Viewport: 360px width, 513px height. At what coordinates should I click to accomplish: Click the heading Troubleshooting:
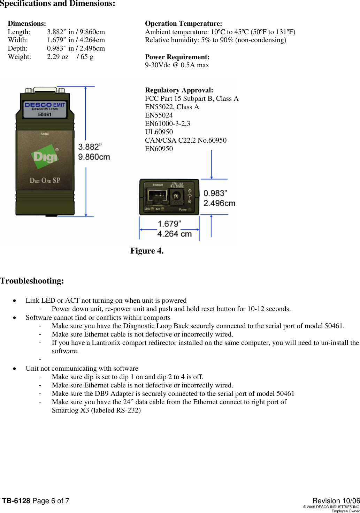click(32, 281)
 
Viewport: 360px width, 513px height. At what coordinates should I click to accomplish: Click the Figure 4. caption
click(147, 251)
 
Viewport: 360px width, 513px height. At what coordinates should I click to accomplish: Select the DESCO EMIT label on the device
click(45, 105)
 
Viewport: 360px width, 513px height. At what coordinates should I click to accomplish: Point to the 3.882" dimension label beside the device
click(90, 147)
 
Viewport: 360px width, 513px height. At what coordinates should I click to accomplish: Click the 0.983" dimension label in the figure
click(215, 193)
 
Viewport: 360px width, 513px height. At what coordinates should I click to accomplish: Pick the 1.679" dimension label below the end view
click(169, 224)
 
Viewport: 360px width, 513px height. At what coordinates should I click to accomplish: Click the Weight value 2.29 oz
click(58, 57)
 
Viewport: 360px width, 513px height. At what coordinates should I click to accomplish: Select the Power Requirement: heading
click(177, 57)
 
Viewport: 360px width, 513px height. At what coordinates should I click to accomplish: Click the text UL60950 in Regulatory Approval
click(159, 132)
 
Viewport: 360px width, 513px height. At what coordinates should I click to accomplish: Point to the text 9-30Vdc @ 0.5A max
click(177, 65)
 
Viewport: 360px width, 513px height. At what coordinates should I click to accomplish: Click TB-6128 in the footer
click(16, 501)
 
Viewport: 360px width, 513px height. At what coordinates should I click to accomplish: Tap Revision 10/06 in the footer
click(336, 501)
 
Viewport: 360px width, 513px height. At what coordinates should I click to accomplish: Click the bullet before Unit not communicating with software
click(14, 369)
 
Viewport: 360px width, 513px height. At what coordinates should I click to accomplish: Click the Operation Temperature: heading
click(183, 24)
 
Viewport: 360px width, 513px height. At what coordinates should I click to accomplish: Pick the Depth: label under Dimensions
click(18, 48)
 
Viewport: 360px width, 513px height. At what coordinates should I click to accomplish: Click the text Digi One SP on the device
click(45, 180)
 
